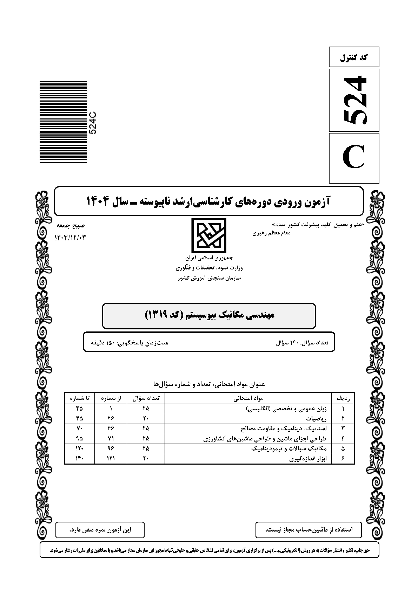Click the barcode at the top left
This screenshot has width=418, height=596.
tap(63, 122)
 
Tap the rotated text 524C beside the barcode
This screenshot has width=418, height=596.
tap(93, 122)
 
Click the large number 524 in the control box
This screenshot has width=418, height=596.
tap(354, 100)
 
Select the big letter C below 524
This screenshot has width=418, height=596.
tap(354, 158)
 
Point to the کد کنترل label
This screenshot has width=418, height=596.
tap(354, 57)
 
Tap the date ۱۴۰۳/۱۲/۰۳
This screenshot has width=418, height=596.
tap(70, 238)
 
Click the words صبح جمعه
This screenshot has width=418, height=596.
tap(74, 226)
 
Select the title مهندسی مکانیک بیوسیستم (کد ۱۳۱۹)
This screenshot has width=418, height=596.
tap(209, 315)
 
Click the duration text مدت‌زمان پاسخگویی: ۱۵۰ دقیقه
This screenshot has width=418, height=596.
tap(130, 342)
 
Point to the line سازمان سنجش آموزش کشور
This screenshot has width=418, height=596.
tap(209, 278)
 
